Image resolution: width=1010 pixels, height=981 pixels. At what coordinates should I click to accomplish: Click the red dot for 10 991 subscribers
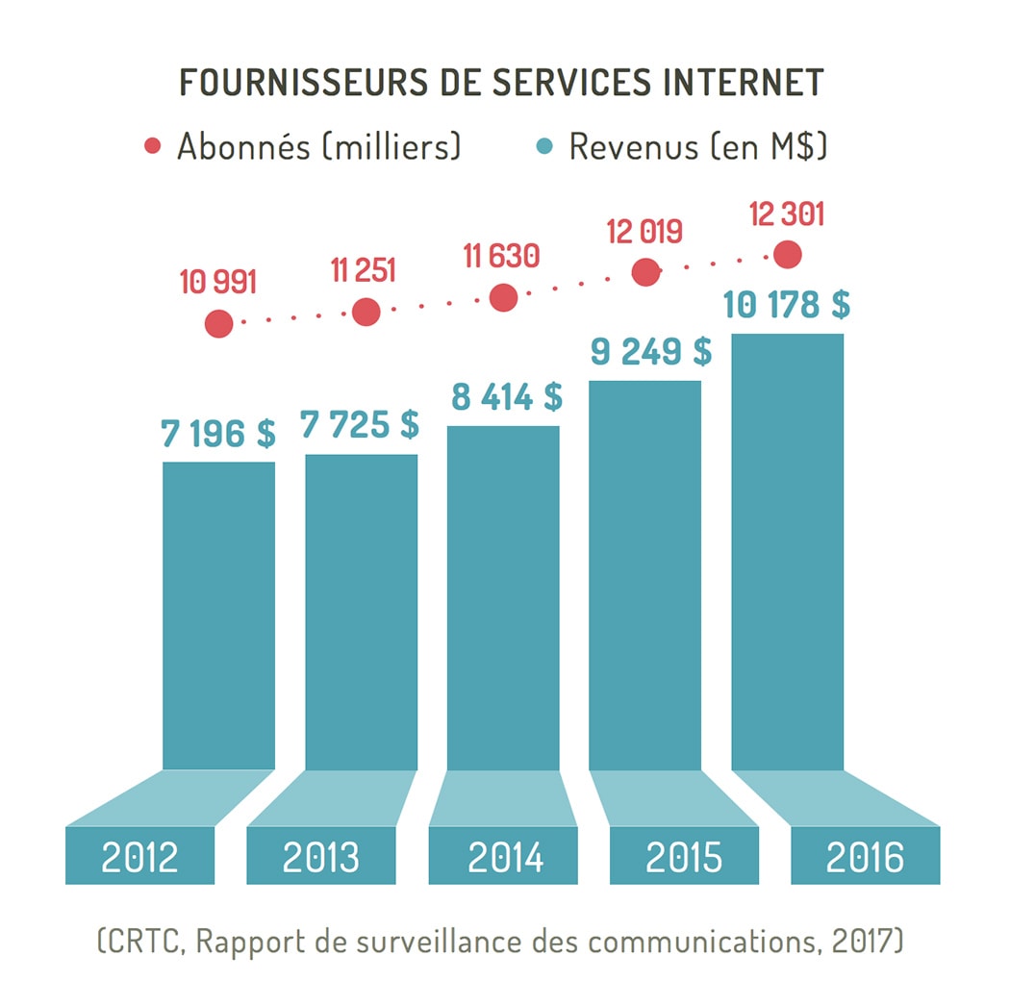click(x=219, y=324)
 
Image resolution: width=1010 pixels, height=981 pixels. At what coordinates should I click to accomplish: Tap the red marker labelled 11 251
click(x=366, y=312)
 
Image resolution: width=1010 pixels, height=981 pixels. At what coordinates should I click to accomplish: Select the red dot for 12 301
click(x=788, y=255)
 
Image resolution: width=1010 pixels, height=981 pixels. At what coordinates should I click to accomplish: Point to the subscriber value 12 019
click(x=644, y=233)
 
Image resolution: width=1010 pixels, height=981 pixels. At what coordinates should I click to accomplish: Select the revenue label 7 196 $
click(x=218, y=434)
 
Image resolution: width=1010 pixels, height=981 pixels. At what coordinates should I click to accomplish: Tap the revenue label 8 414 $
click(x=506, y=396)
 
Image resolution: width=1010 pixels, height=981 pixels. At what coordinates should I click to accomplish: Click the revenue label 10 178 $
click(x=787, y=305)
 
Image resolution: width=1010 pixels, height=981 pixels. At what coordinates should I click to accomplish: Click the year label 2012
click(x=140, y=856)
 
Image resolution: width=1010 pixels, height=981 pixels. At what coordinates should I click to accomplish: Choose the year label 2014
click(x=505, y=856)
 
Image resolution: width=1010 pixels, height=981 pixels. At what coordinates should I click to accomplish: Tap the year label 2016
click(x=866, y=856)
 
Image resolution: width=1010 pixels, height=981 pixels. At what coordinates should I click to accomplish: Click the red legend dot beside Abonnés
click(x=152, y=147)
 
